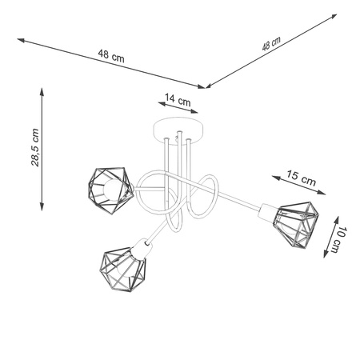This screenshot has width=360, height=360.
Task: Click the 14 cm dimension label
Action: click(177, 101)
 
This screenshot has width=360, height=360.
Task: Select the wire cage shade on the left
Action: click(110, 191)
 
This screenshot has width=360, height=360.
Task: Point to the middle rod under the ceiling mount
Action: click(181, 152)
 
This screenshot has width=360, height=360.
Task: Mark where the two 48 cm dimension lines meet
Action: click(206, 86)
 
